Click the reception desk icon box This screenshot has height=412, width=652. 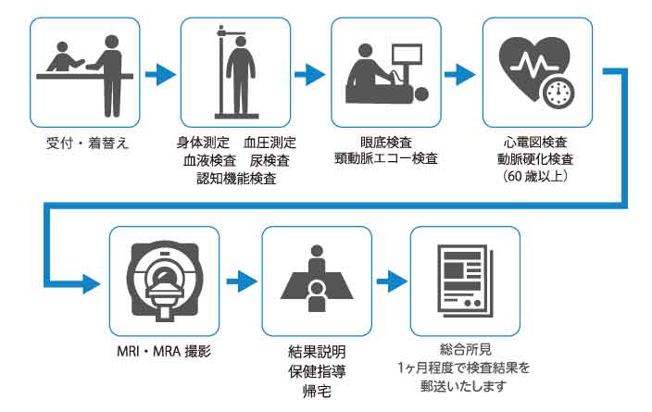[x=84, y=72]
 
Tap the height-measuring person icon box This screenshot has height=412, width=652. [x=235, y=72]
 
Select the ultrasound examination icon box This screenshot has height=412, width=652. [x=386, y=72]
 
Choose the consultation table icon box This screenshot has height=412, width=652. [x=316, y=279]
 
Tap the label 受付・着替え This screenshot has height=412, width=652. [x=84, y=144]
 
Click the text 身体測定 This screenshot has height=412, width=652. [x=201, y=144]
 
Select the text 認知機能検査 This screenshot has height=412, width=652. [x=235, y=177]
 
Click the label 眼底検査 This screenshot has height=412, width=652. [x=386, y=144]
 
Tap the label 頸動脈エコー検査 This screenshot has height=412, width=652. [x=386, y=159]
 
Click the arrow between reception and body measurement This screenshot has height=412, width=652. [x=159, y=72]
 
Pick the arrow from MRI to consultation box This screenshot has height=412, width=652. [x=240, y=279]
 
